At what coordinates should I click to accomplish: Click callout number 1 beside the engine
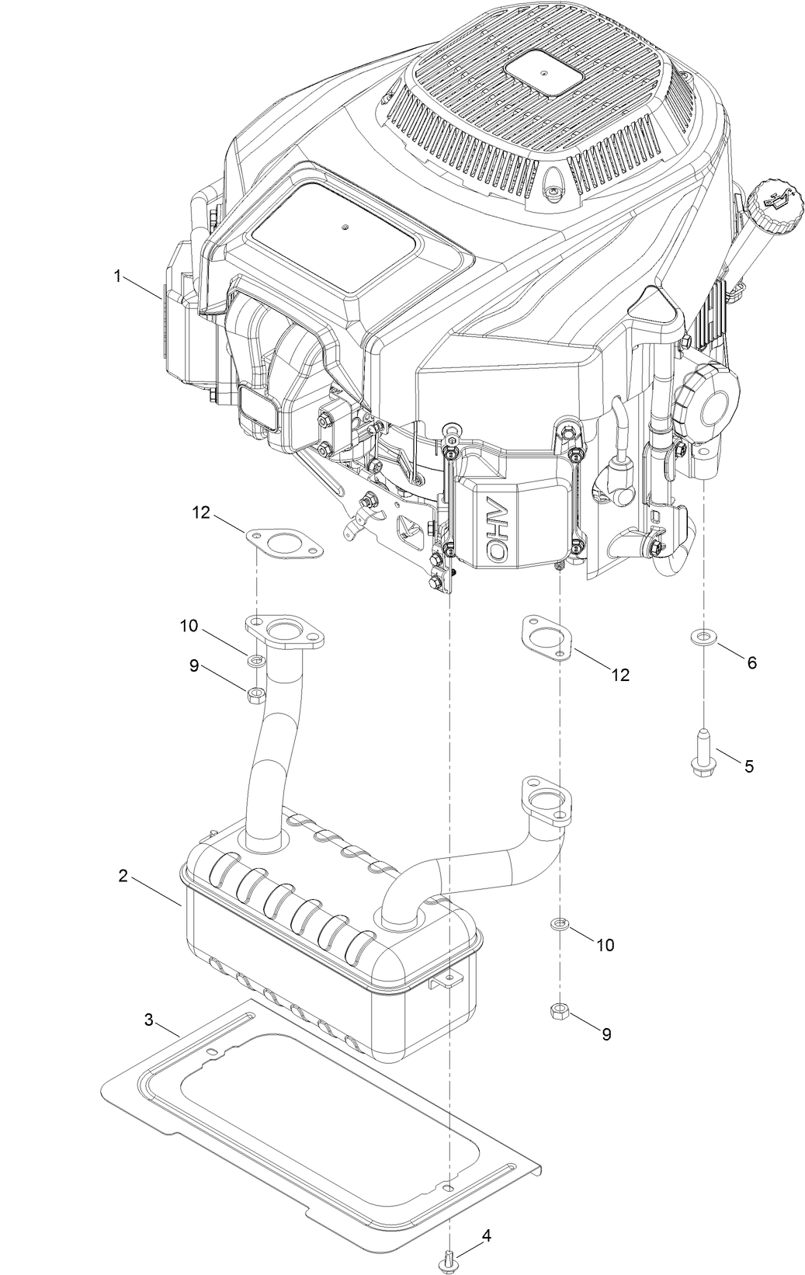pyautogui.click(x=117, y=276)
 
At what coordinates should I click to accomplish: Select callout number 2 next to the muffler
pyautogui.click(x=123, y=875)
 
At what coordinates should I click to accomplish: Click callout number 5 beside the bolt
pyautogui.click(x=748, y=766)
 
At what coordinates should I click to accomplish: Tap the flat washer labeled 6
pyautogui.click(x=703, y=637)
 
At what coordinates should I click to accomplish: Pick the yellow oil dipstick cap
pyautogui.click(x=772, y=206)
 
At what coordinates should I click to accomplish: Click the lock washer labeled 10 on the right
pyautogui.click(x=559, y=923)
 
